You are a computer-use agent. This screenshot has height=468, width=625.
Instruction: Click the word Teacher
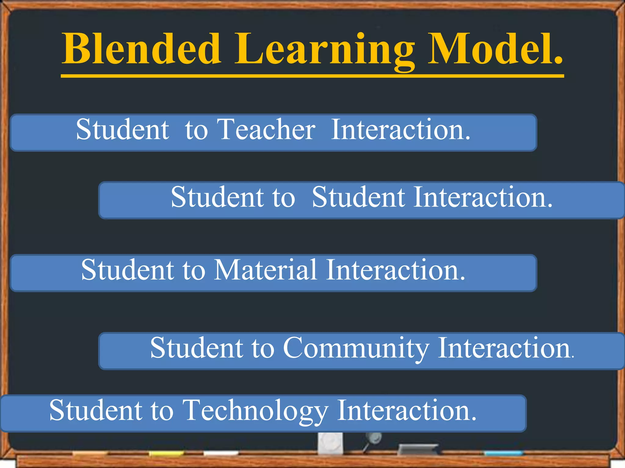coord(266,129)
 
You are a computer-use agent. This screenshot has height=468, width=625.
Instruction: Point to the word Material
coord(265,270)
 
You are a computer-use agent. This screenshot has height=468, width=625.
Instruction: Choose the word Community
coord(356,348)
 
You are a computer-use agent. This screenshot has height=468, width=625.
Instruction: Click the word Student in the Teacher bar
coord(122,129)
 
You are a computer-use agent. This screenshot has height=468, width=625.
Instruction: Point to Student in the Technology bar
coord(96,411)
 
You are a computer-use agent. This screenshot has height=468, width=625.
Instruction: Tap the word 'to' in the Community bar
coord(263,348)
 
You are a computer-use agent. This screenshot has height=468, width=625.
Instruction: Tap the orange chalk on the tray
coord(90,454)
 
